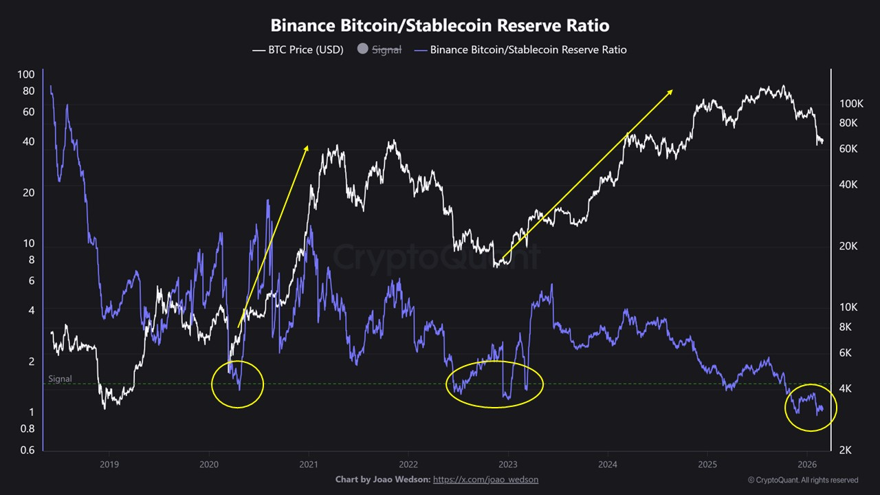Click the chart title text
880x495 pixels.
[439, 25]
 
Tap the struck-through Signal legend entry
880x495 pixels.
[379, 49]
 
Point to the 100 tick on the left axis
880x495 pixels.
[25, 74]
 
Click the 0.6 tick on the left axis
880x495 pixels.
[27, 450]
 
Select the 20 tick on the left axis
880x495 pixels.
[28, 192]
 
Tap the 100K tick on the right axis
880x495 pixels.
[851, 104]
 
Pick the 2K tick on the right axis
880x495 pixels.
[846, 450]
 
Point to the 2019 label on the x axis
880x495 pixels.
[109, 464]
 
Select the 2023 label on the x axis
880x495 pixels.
[507, 464]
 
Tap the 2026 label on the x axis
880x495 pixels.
[806, 464]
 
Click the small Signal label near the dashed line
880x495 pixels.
[60, 379]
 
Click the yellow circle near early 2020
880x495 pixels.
[237, 384]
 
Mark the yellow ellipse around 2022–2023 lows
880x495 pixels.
[494, 384]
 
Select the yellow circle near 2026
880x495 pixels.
[810, 408]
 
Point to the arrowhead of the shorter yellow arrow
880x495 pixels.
[307, 146]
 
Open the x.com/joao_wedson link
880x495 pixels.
[490, 479]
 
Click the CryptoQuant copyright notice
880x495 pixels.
[802, 480]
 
